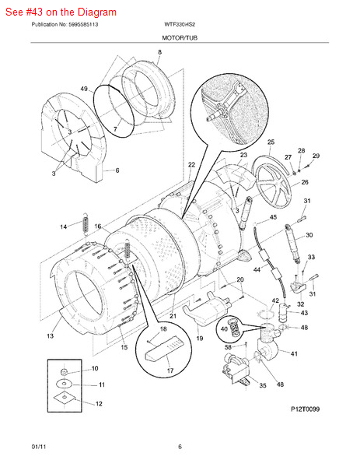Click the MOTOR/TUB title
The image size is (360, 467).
click(180, 37)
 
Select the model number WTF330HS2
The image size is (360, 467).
click(180, 25)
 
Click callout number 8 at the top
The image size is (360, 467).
click(159, 52)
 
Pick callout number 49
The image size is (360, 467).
click(83, 89)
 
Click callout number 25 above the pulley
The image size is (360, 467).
click(271, 142)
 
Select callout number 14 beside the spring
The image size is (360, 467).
click(64, 226)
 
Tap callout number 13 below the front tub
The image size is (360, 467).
click(50, 336)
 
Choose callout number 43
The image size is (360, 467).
click(304, 313)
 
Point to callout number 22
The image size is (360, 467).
click(190, 165)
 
